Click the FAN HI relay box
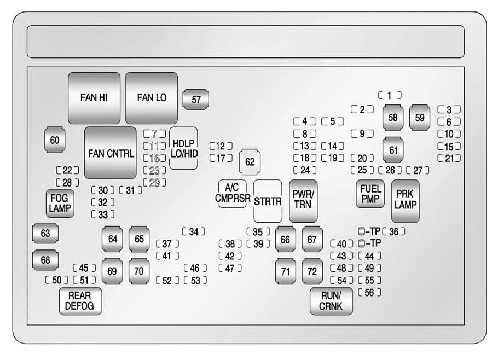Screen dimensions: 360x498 click(94, 97)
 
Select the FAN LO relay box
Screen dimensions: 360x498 click(152, 97)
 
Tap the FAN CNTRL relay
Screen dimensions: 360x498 click(110, 153)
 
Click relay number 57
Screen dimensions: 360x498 click(196, 99)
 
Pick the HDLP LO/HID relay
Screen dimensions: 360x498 click(183, 148)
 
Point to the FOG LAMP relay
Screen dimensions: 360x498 click(60, 204)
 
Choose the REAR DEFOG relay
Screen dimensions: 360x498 click(79, 301)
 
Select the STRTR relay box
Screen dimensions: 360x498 click(268, 201)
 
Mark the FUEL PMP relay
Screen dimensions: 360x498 click(370, 194)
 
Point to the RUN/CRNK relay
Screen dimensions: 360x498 click(331, 301)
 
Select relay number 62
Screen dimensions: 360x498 click(250, 162)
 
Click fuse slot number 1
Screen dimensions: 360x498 click(389, 95)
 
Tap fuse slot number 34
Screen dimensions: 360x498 click(194, 231)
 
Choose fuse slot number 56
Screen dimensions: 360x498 click(369, 293)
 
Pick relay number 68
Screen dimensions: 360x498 click(45, 260)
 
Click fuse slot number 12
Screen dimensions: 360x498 click(221, 146)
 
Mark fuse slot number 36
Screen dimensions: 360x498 click(394, 231)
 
